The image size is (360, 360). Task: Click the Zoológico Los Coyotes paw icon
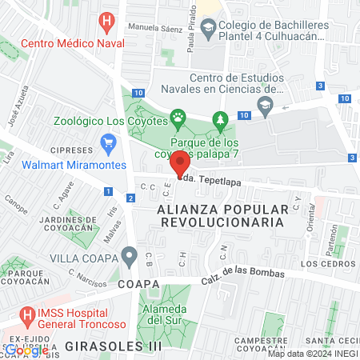178,121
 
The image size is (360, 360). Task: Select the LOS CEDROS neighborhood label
327,263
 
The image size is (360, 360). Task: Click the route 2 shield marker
130,198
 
